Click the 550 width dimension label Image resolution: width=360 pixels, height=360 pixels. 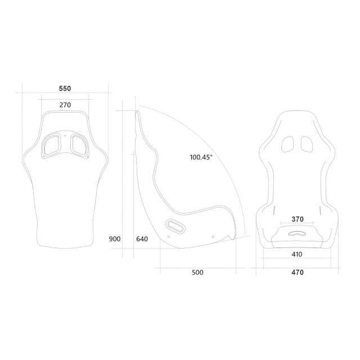coord(65,88)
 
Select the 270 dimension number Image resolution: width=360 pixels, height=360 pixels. coord(65,105)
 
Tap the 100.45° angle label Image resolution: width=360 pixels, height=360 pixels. coord(201,157)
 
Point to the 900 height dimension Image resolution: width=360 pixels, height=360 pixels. coord(115,239)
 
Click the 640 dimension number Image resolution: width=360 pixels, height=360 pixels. coord(142,239)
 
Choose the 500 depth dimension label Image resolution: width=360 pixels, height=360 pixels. coord(197,272)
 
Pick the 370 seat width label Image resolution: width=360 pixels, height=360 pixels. coord(298,219)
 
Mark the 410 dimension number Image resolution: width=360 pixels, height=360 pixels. coord(296,254)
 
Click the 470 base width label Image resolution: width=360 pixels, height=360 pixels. coord(298,272)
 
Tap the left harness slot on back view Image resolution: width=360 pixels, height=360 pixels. coord(51,145)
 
